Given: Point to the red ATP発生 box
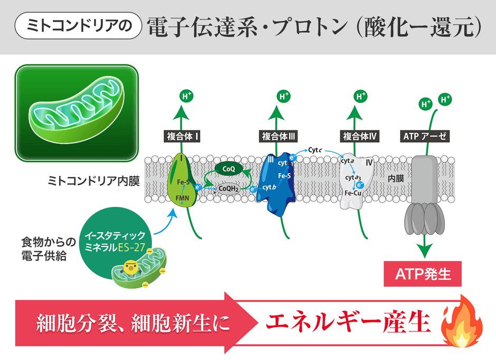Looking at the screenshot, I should [422, 274].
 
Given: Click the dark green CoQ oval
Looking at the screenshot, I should [228, 168].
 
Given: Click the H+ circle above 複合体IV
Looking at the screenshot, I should [361, 96].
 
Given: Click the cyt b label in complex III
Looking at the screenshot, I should [270, 187].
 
